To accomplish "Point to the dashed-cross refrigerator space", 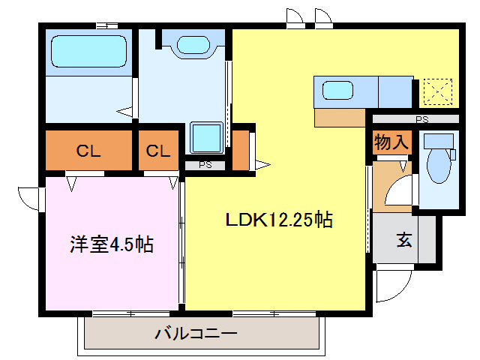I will click(x=435, y=93).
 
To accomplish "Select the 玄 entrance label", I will click(x=404, y=241).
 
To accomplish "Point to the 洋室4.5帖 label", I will click(x=112, y=244).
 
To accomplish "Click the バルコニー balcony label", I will click(x=196, y=333).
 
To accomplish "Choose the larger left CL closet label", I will click(x=88, y=151).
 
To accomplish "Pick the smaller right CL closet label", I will click(x=157, y=151).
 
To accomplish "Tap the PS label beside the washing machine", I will click(x=205, y=165).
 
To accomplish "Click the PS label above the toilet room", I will click(x=421, y=118).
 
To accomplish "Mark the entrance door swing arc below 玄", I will click(x=394, y=284).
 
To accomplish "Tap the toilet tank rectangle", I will click(x=439, y=140).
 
